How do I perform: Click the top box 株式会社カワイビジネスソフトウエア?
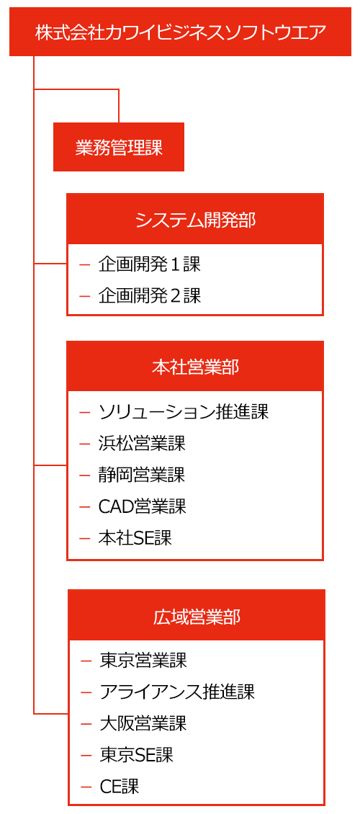181,32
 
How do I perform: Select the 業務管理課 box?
119,147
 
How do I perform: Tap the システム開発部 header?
195,219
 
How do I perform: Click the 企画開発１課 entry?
149,265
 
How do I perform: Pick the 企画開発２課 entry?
149,296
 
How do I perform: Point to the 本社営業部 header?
195,367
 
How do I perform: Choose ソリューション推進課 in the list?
184,412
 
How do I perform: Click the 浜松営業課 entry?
142,443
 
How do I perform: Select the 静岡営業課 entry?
142,475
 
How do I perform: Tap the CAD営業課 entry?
142,506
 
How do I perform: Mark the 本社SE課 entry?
135,538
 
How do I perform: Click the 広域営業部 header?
196,616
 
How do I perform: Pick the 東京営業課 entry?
143,661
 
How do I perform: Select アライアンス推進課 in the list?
177,692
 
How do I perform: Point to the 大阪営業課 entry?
143,723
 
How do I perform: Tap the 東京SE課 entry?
136,754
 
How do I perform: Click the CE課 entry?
120,786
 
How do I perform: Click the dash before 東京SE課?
86,755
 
